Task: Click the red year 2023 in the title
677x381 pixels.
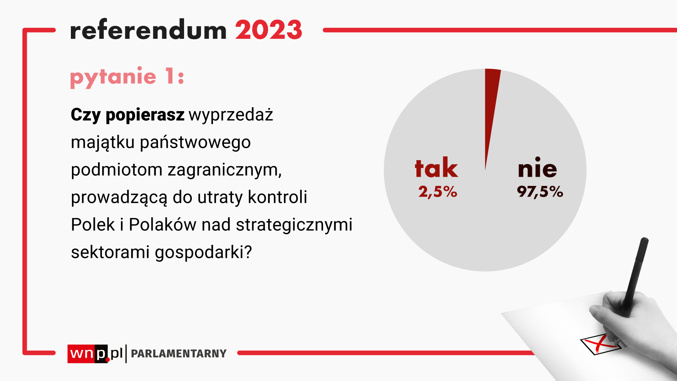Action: [269, 30]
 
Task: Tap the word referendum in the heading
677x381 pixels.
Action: [148, 30]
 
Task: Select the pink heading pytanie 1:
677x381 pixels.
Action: [127, 77]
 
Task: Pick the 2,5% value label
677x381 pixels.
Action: [438, 192]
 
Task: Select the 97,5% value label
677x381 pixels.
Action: [540, 192]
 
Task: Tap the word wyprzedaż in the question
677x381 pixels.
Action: [231, 115]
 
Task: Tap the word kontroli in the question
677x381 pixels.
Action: [277, 197]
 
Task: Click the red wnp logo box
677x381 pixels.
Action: [88, 353]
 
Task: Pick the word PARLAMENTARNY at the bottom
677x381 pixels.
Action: [179, 353]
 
